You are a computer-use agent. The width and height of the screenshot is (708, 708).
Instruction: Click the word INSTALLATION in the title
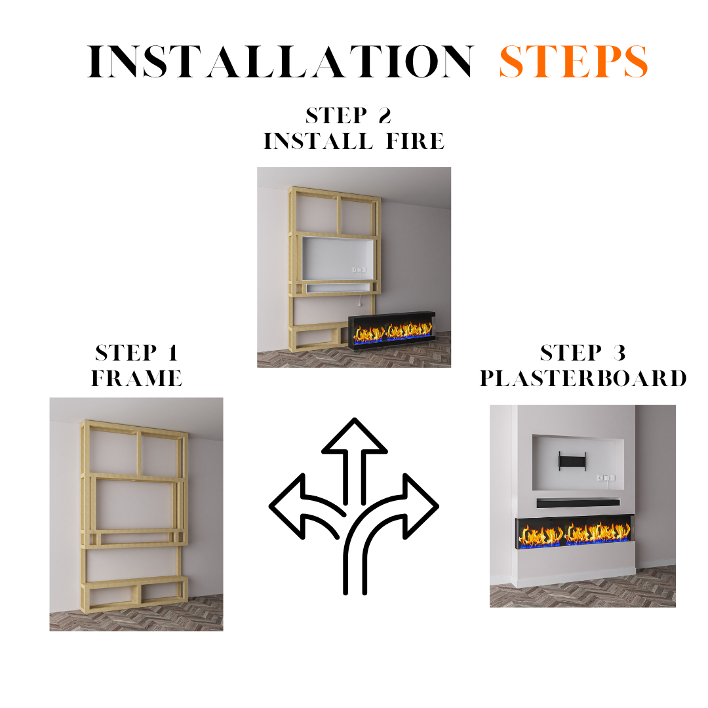click(x=281, y=61)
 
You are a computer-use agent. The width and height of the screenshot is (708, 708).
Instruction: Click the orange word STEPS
click(x=574, y=62)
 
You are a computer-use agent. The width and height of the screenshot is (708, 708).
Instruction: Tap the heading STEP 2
click(x=348, y=115)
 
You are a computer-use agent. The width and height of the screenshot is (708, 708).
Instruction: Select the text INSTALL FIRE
click(x=354, y=141)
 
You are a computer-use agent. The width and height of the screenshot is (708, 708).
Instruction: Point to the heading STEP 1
click(x=137, y=353)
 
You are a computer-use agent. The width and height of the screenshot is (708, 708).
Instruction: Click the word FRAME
click(x=137, y=378)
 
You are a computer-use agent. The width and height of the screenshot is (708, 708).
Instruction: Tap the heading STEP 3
click(x=583, y=353)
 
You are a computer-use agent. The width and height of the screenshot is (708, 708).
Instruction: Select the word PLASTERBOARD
click(x=583, y=378)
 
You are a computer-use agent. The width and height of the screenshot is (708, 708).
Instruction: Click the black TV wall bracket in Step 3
click(x=572, y=461)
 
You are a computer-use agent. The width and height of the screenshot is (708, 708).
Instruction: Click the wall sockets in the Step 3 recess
click(x=606, y=478)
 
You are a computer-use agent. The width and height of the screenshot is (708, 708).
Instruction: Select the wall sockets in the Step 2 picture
click(x=359, y=269)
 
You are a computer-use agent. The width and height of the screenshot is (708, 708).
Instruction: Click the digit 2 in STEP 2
click(x=385, y=115)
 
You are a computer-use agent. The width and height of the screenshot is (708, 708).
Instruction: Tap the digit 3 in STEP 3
click(x=619, y=353)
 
